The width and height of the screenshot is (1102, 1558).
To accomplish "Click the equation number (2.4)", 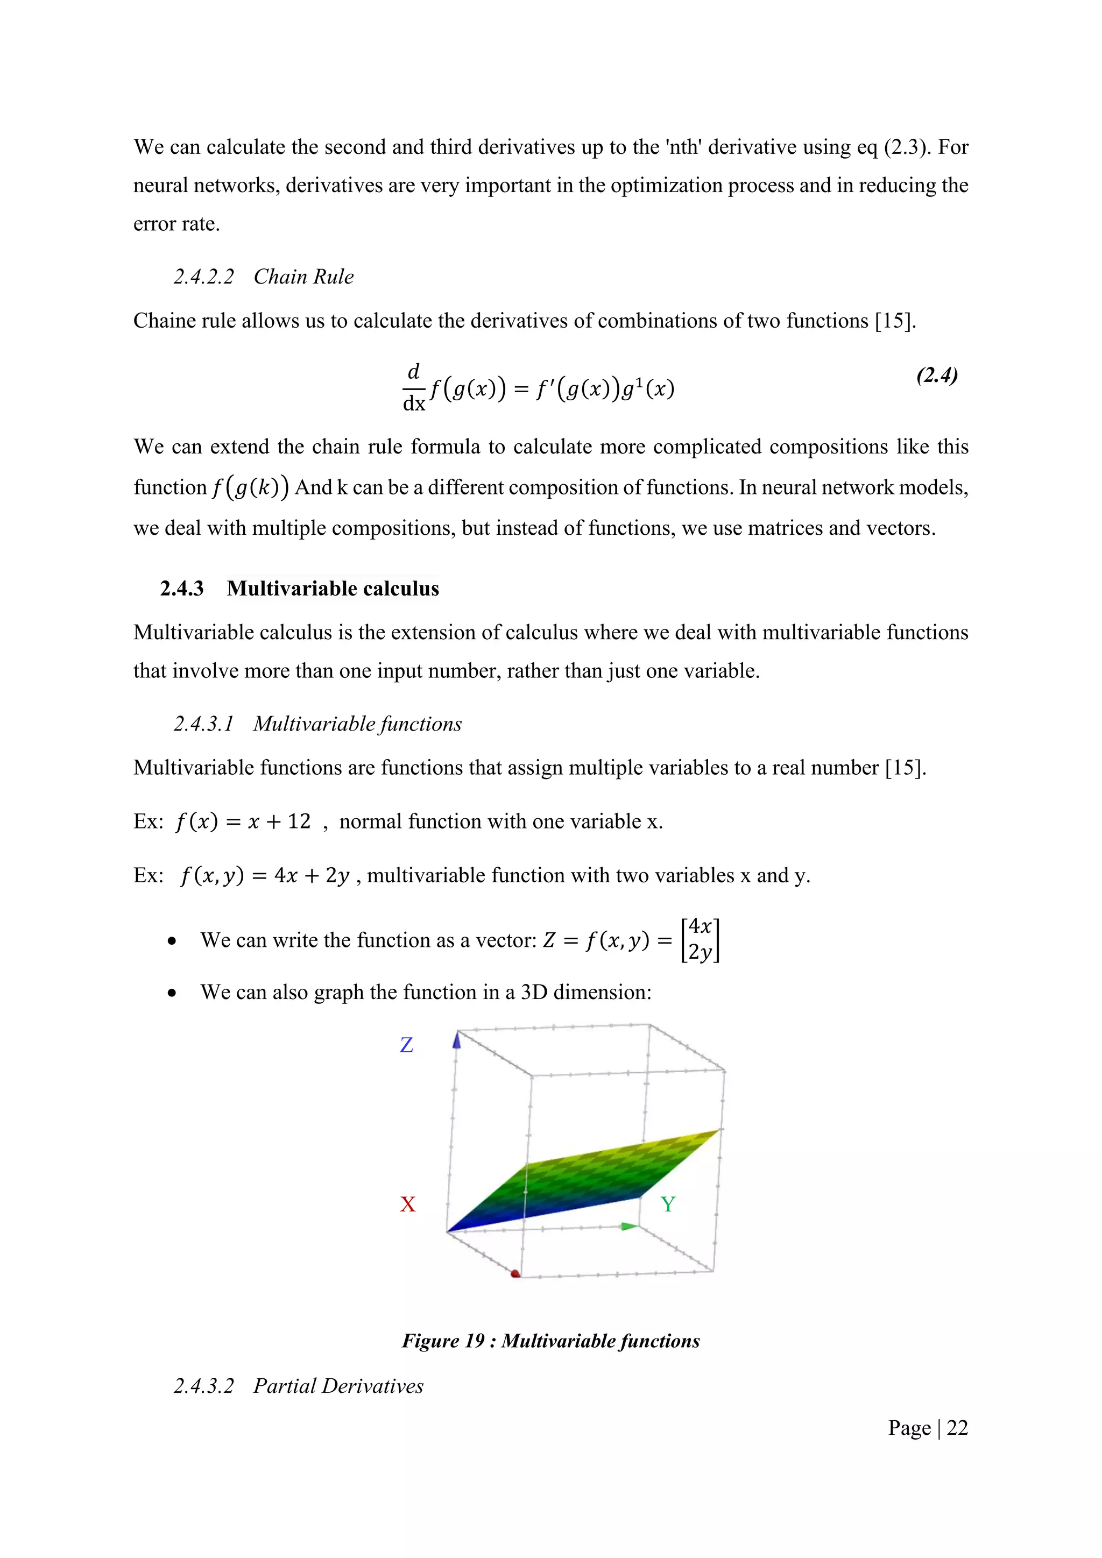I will (936, 376).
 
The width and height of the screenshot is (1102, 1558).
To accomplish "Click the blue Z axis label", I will (406, 1045).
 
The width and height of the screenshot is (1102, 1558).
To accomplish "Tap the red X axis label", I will (407, 1205).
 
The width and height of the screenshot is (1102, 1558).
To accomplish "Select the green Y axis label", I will (668, 1205).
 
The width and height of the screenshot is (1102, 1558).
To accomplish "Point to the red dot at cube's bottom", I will (515, 1274).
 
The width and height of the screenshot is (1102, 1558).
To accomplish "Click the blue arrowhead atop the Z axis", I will (457, 1039).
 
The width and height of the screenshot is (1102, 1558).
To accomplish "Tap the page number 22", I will (957, 1428).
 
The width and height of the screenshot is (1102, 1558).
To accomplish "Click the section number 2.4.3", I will (182, 589).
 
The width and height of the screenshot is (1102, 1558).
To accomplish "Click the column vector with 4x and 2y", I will (700, 940).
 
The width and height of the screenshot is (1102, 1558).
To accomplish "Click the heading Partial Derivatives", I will (338, 1386).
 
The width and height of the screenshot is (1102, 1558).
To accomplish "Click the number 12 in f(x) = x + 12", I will (299, 822).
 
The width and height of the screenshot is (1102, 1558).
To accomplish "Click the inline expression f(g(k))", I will (250, 488).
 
